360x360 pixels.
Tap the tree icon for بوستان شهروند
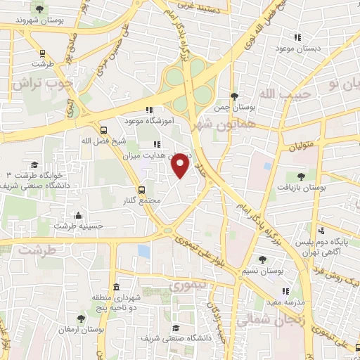click(x=40, y=9)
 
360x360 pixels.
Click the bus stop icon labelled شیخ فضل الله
click(x=104, y=130)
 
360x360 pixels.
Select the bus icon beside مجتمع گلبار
click(x=143, y=189)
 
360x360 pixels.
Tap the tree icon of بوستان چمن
click(x=234, y=96)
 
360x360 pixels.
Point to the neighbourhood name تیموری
click(x=186, y=285)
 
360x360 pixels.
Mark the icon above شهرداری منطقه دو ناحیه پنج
click(x=115, y=288)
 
